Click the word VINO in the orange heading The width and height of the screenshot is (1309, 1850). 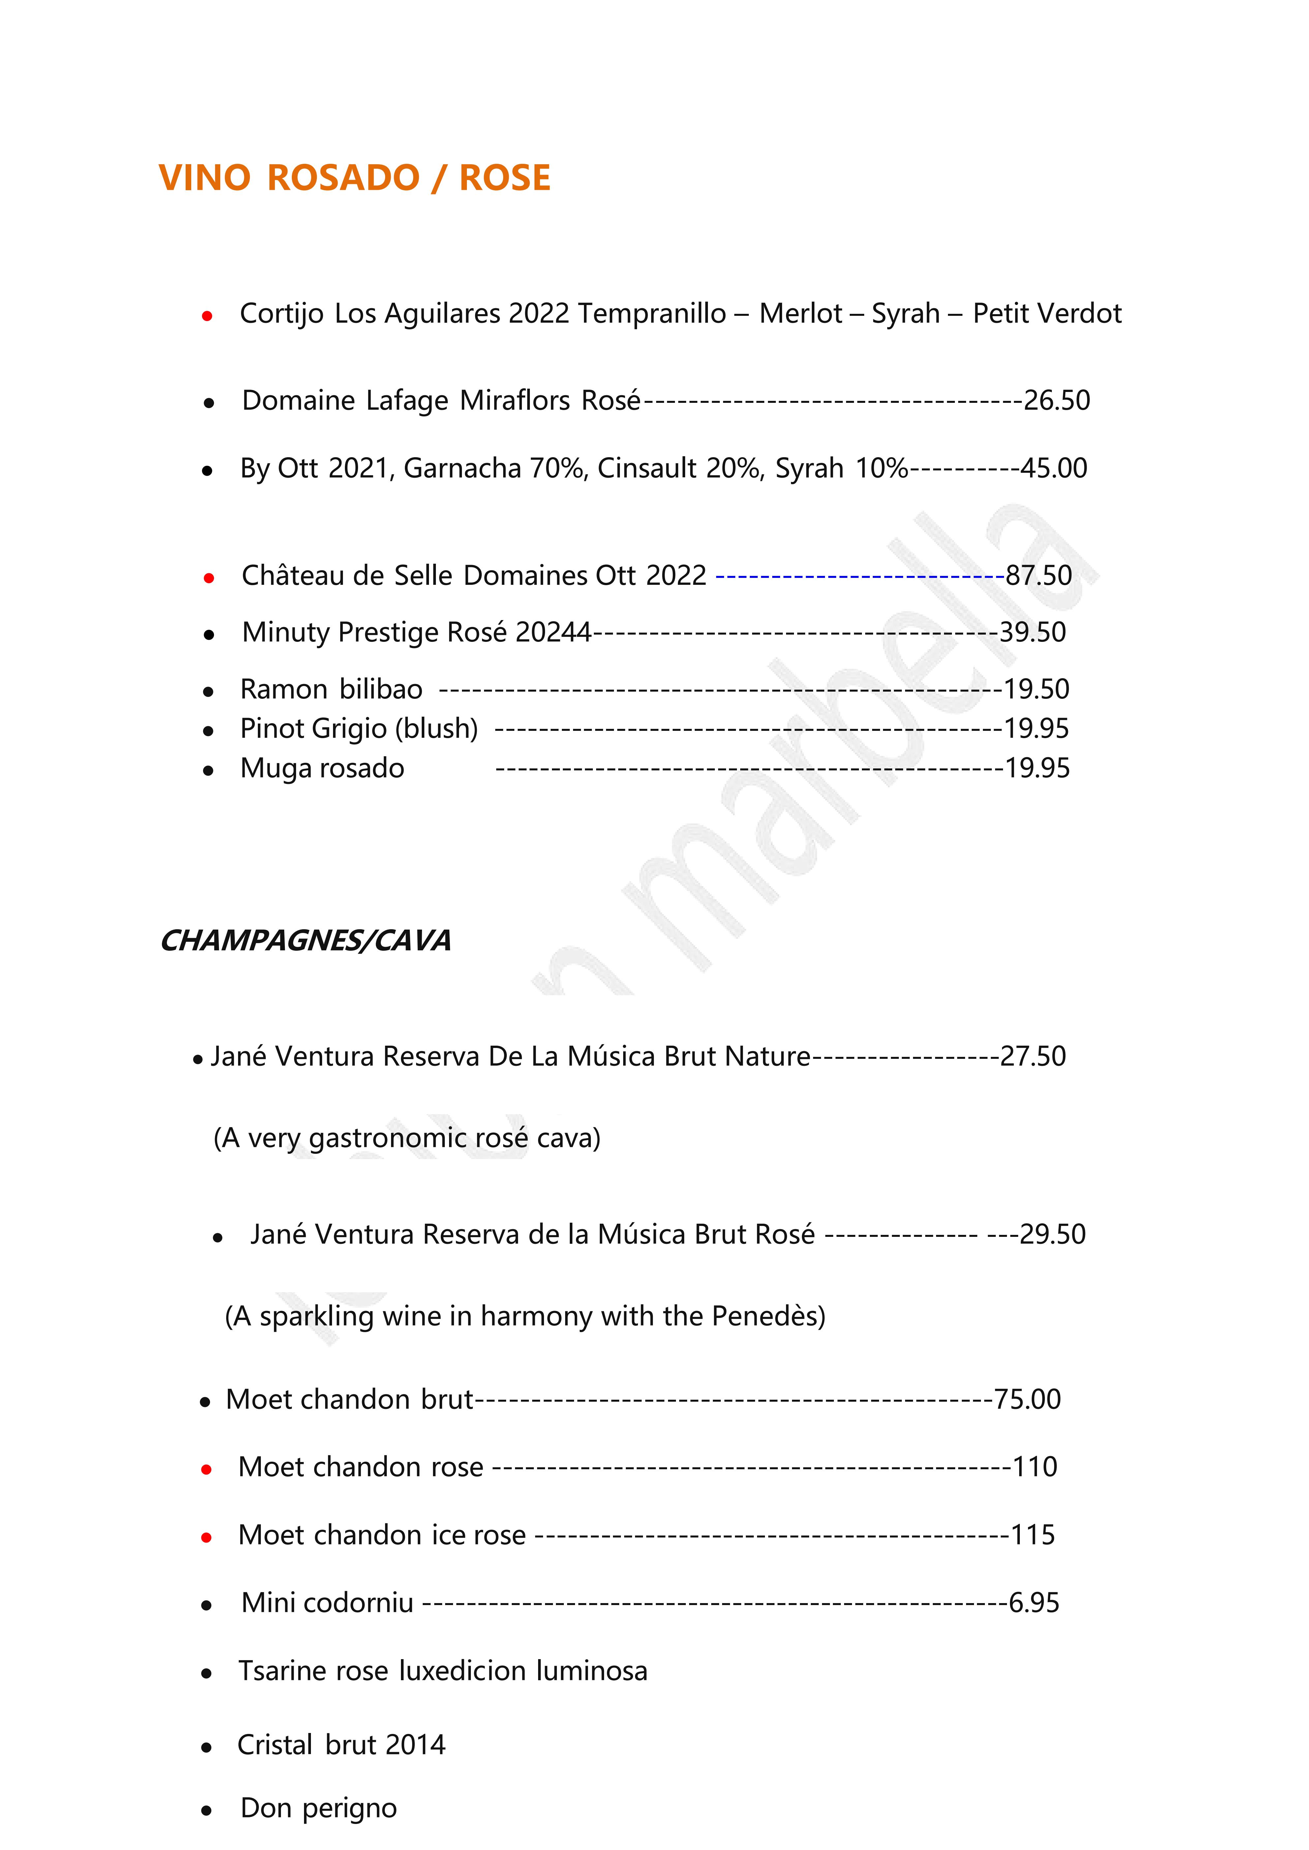point(205,178)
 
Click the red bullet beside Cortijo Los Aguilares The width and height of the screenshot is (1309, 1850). point(207,317)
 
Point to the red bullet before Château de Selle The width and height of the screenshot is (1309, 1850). point(209,578)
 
